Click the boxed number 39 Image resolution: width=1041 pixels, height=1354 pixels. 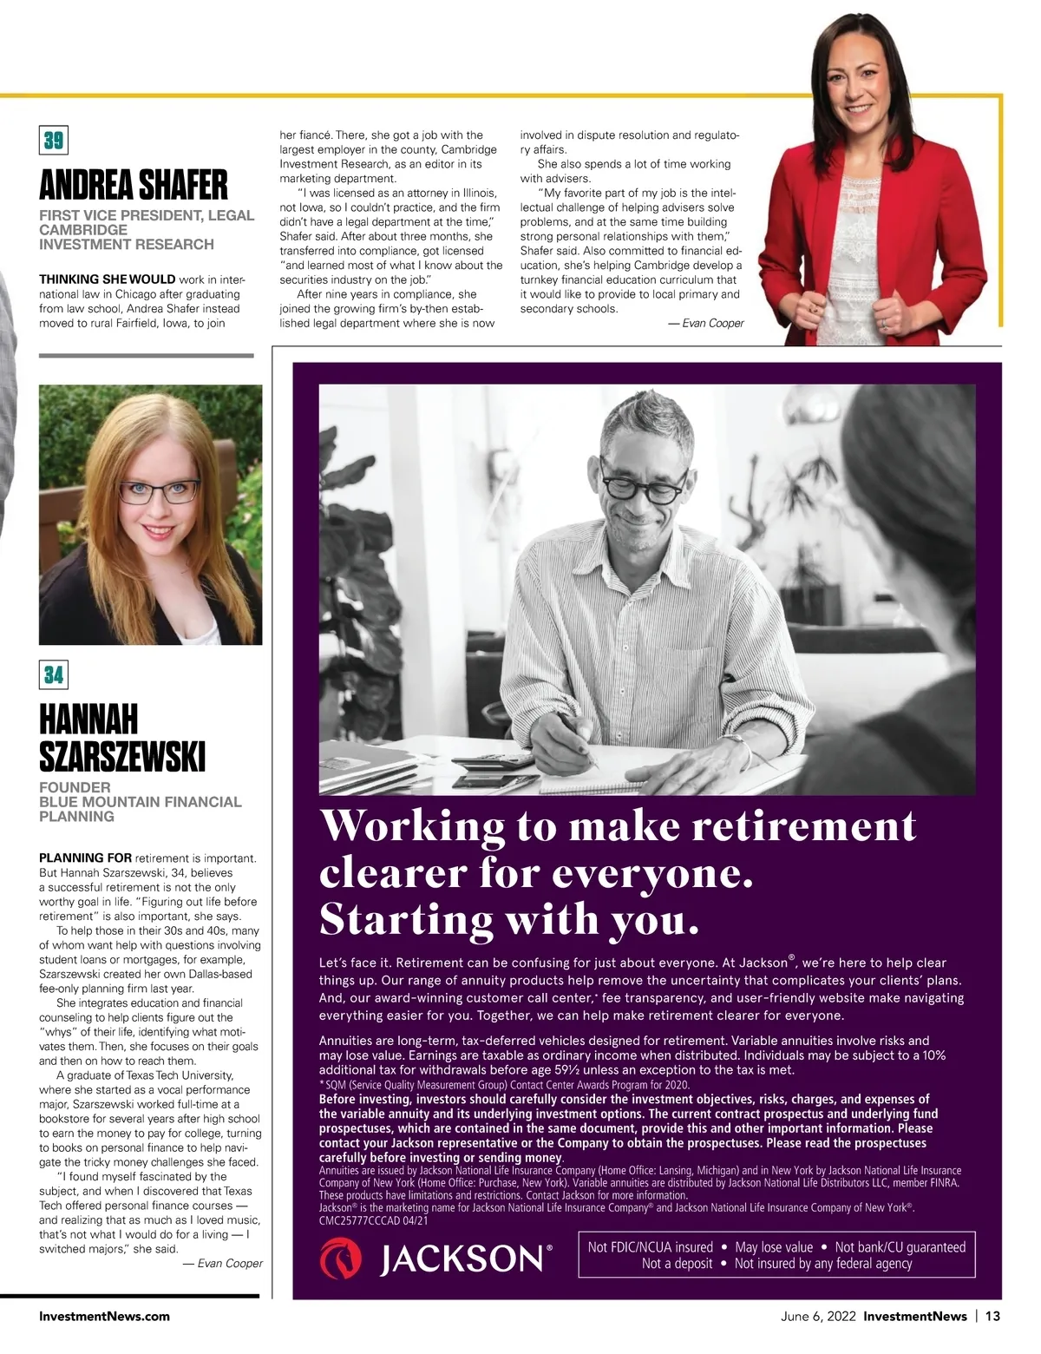coord(53,141)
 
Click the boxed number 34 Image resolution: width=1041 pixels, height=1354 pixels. coord(53,674)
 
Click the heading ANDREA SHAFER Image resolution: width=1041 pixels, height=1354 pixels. coord(134,185)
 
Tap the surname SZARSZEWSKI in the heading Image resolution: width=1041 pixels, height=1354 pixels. coord(122,757)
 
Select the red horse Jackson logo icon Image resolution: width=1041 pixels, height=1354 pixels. coord(341,1259)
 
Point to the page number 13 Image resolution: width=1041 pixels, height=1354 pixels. coord(992,1316)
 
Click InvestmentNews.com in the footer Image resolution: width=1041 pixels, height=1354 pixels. coord(104,1316)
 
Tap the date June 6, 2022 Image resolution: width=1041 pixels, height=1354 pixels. coord(817,1316)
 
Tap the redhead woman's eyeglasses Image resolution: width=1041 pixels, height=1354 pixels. coord(160,491)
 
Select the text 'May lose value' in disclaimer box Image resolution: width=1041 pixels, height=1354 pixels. coord(774,1247)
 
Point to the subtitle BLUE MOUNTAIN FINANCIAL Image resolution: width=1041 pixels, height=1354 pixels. coord(141,802)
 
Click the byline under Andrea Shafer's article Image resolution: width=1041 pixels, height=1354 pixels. coord(705,323)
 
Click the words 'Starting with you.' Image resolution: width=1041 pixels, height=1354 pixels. coord(509,919)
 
